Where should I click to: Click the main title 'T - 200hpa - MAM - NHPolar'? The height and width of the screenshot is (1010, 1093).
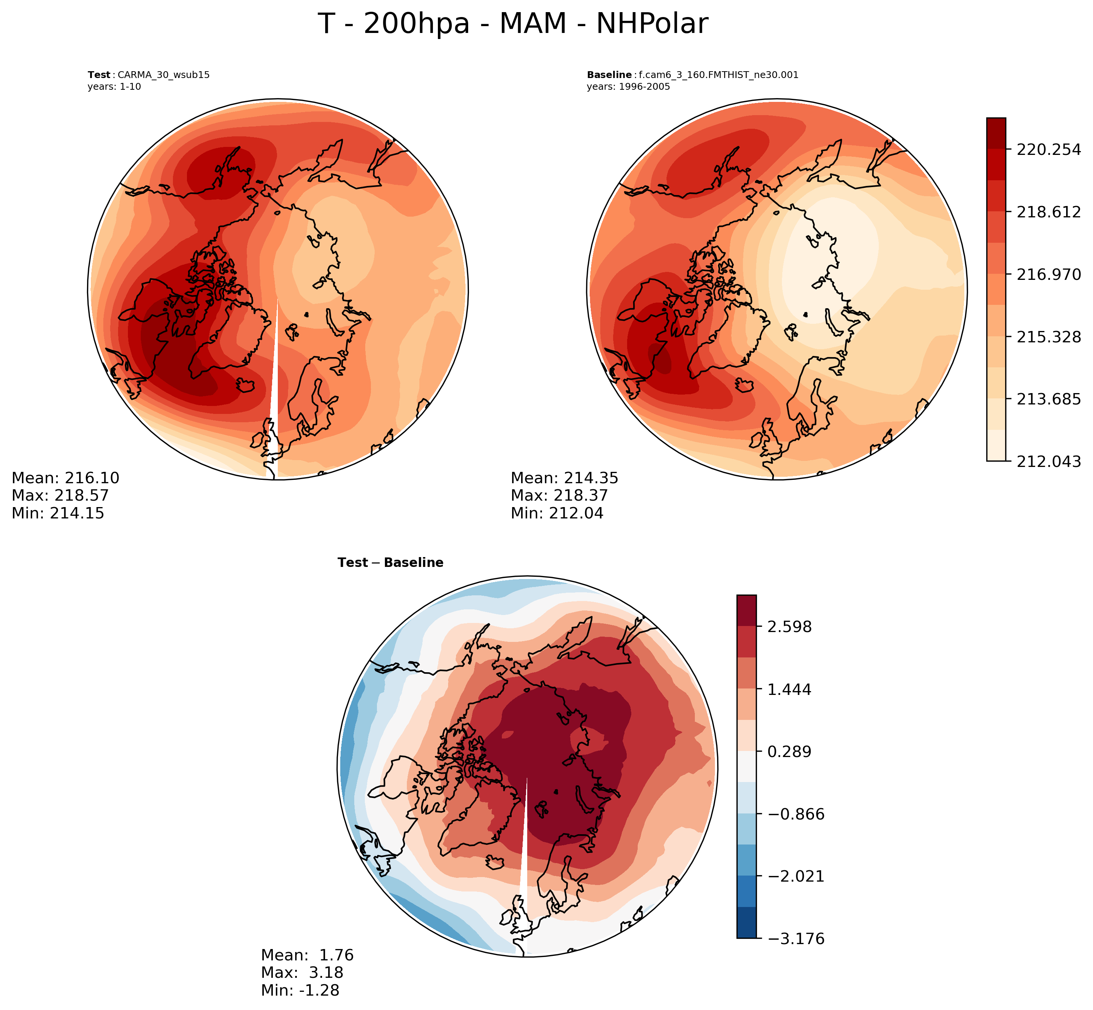tap(512, 25)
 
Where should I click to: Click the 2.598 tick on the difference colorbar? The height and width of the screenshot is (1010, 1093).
tap(790, 627)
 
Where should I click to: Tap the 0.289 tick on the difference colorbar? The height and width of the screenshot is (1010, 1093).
tap(790, 752)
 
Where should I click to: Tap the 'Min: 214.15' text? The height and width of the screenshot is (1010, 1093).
tap(58, 513)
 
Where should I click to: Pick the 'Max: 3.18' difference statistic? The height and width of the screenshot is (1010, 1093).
tap(302, 972)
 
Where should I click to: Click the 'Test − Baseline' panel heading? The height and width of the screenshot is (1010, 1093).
tap(391, 562)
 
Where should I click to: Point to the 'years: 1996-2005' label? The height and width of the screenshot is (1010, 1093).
tap(628, 86)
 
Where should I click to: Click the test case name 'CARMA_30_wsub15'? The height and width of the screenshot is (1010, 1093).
tap(163, 75)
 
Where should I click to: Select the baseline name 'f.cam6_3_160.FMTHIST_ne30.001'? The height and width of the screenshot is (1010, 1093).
tap(718, 75)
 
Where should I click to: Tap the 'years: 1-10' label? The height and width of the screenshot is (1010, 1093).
tap(114, 86)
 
